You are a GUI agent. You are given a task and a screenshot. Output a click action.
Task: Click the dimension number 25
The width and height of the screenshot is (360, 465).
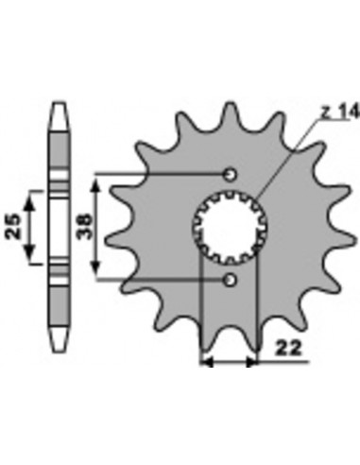[13, 227]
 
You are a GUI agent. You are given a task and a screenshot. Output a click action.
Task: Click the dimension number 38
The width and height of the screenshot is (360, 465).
[85, 227]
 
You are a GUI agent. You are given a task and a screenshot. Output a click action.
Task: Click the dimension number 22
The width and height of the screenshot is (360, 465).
[288, 348]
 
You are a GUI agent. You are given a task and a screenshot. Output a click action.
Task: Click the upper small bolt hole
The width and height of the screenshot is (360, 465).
[231, 174]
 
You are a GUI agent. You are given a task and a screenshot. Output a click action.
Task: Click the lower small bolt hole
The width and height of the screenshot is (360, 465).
[231, 280]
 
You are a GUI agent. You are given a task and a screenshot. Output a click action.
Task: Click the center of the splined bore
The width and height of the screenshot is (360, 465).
[230, 227]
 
